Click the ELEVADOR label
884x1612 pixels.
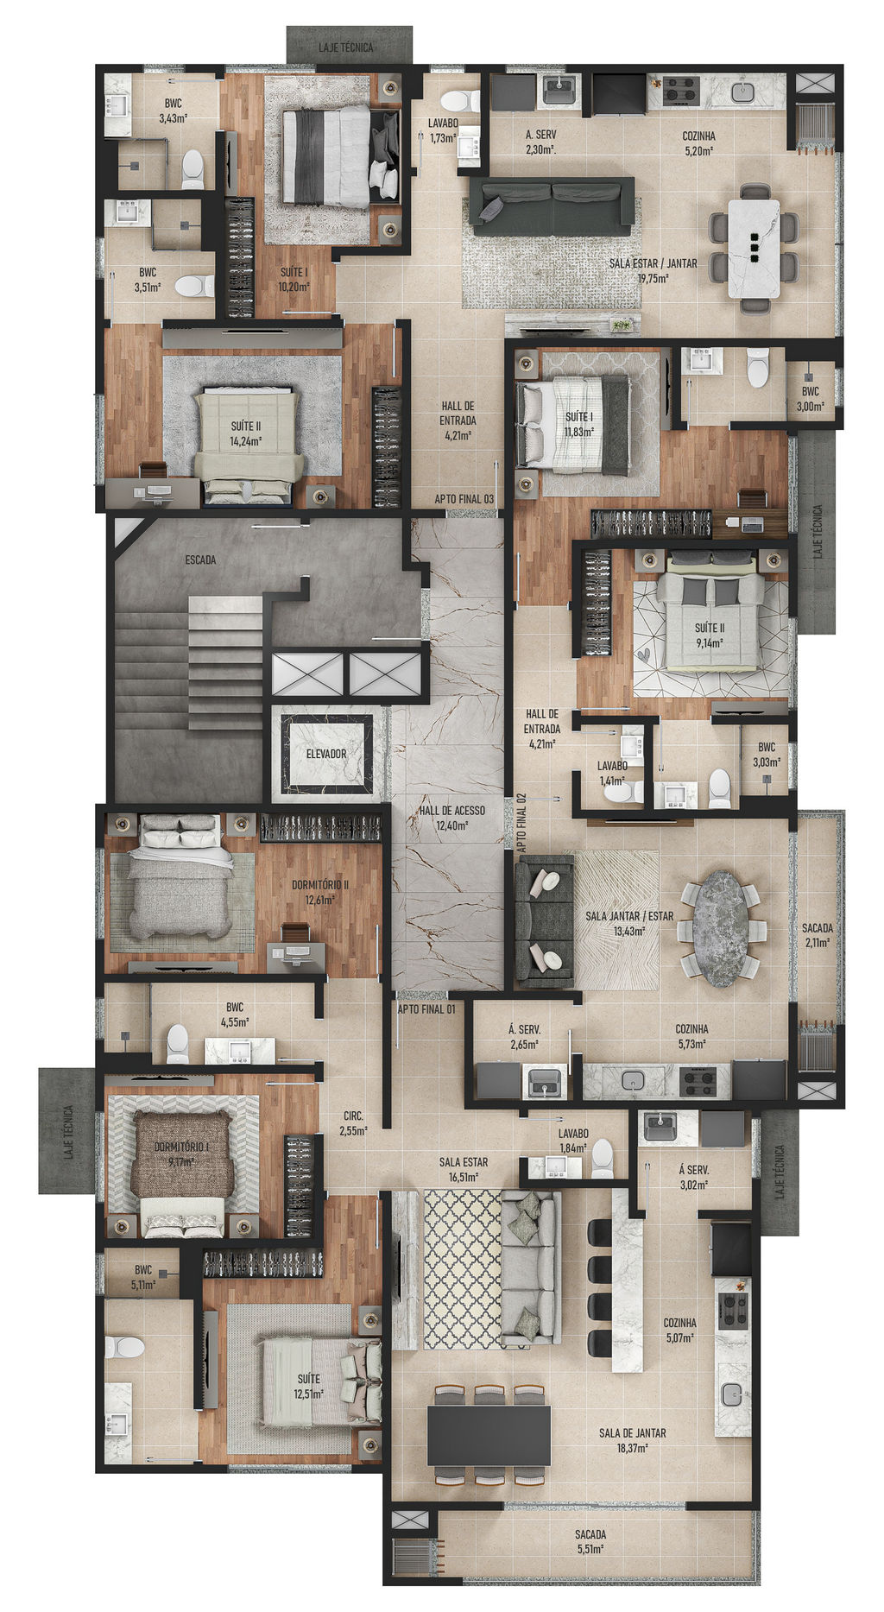point(325,754)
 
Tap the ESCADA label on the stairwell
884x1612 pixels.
point(200,559)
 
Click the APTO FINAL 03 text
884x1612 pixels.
point(464,499)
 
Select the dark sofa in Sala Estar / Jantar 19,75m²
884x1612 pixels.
point(552,205)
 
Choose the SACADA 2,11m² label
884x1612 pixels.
point(817,934)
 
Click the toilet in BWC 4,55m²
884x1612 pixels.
point(177,1043)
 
